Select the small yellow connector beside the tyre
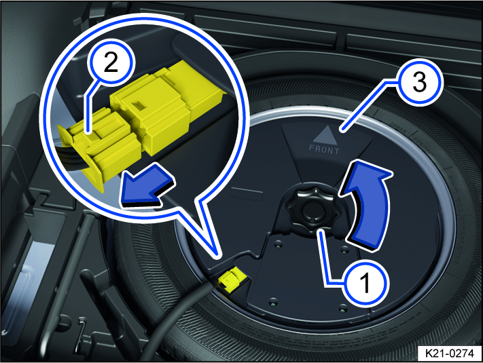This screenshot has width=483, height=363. click(x=230, y=279)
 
